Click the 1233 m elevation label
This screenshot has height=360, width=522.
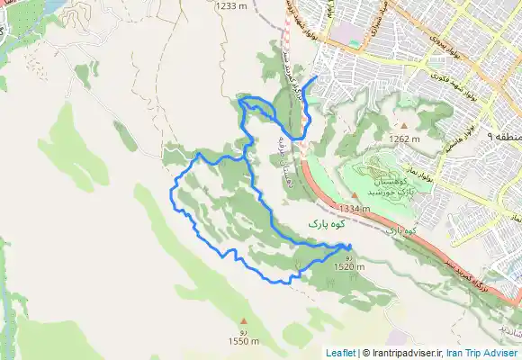(231, 5)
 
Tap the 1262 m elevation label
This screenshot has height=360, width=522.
(405, 139)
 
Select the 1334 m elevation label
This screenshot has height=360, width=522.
(355, 208)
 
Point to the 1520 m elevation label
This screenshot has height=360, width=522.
(348, 267)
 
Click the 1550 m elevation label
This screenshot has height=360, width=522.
(243, 341)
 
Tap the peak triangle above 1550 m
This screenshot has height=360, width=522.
(243, 321)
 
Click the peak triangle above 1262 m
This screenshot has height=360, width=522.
(405, 125)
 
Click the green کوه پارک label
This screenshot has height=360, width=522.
(327, 221)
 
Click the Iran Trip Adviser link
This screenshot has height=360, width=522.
(483, 353)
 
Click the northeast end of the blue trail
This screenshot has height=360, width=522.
(316, 77)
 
